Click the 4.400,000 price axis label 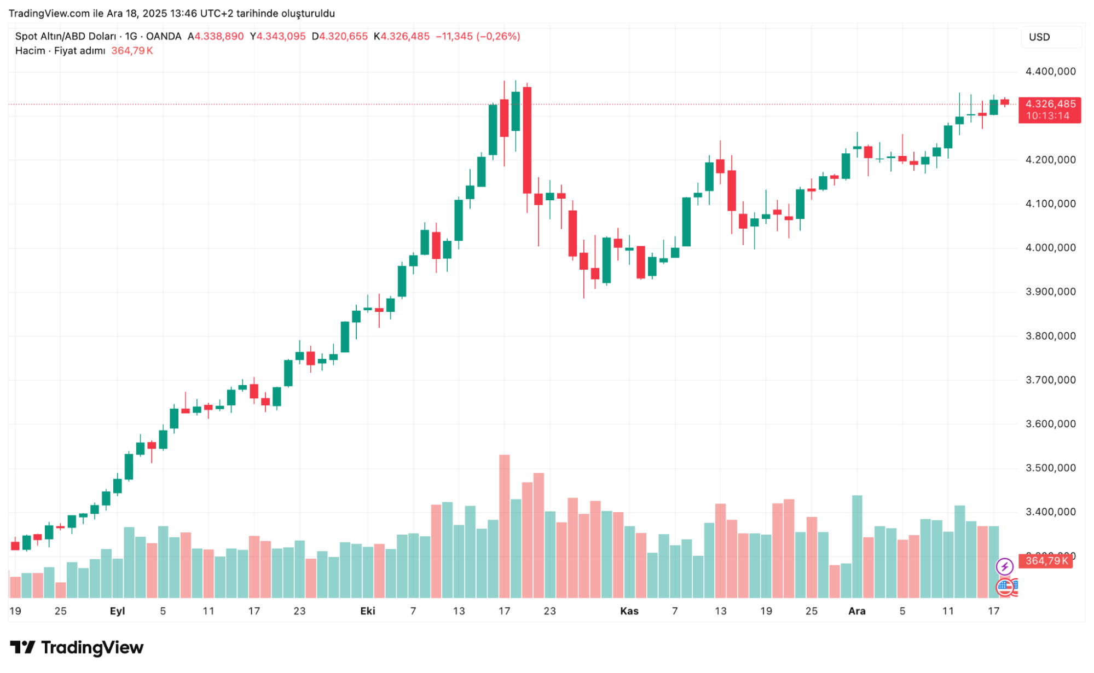(1050, 72)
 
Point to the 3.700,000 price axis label (1050, 380)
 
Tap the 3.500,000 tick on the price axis (1050, 468)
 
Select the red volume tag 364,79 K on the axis (1046, 561)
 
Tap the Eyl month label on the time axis (117, 611)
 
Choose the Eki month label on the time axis (368, 611)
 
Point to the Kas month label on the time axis (629, 611)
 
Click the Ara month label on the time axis (857, 611)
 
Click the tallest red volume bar (505, 526)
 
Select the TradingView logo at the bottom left (77, 648)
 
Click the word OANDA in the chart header (164, 36)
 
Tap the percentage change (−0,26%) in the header (498, 36)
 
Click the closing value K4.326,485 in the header (402, 36)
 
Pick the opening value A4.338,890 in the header (216, 36)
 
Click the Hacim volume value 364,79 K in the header (132, 51)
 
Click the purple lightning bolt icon (1005, 567)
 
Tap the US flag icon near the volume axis (1005, 588)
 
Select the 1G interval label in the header (131, 36)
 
